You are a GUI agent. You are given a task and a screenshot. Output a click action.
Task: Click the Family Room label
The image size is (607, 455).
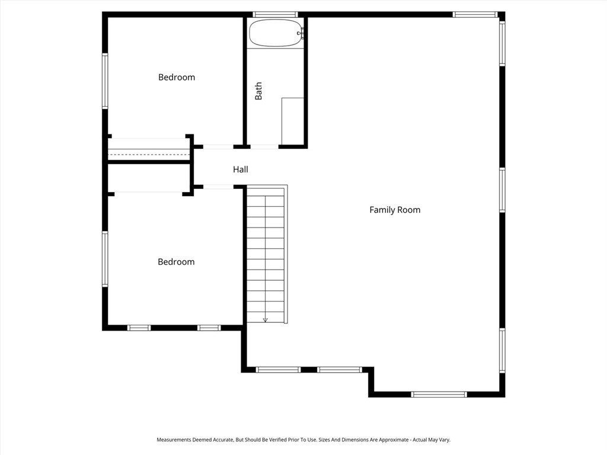395,210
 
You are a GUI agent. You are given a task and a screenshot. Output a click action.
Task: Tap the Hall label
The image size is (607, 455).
240,169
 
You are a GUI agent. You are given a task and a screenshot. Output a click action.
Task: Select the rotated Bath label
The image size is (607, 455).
258,91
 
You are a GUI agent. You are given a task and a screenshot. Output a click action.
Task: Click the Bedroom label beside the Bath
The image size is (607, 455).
176,77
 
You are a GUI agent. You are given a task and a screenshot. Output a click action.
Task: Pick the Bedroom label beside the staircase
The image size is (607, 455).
176,262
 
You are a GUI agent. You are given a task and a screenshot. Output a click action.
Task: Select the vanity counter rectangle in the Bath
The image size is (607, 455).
293,121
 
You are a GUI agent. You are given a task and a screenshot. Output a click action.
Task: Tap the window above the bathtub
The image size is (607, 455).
275,14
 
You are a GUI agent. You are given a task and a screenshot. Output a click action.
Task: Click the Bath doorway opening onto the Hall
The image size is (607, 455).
264,146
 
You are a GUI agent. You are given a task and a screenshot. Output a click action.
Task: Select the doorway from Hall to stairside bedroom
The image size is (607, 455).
218,187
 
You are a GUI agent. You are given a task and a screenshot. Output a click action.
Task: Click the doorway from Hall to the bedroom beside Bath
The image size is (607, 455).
218,146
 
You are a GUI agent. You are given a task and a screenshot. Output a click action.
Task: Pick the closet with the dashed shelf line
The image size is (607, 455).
149,149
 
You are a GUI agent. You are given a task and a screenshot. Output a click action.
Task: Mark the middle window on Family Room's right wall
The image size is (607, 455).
502,190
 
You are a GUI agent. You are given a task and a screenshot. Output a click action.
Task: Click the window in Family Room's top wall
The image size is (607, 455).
475,14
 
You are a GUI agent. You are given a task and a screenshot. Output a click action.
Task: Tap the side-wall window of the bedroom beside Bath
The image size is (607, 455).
105,81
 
